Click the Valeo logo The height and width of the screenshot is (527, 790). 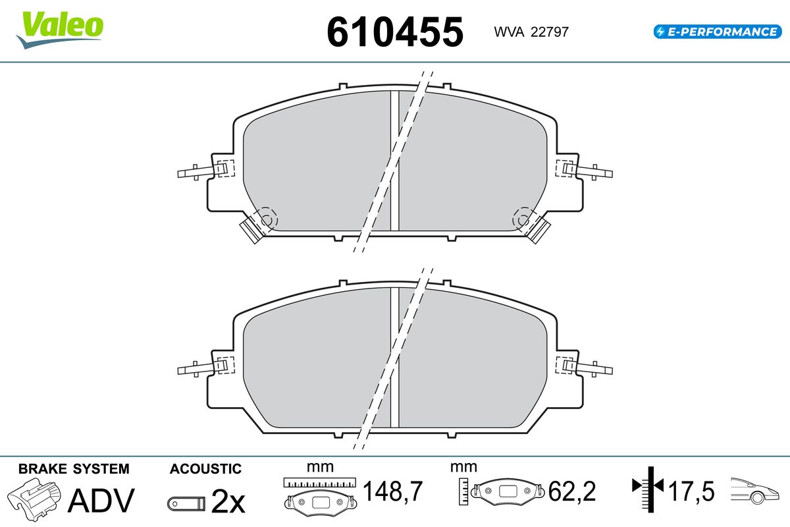(x=60, y=30)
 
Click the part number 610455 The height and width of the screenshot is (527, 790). (x=395, y=32)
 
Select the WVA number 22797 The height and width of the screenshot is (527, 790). (x=550, y=32)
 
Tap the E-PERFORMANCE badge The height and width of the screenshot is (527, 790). (x=718, y=32)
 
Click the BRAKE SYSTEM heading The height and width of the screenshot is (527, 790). (x=74, y=469)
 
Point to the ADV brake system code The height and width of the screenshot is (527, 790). (x=101, y=500)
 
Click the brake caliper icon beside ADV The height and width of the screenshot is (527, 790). (x=34, y=499)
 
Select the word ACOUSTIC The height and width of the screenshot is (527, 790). (x=205, y=469)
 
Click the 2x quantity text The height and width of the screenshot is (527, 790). (x=228, y=501)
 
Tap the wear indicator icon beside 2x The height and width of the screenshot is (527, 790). (x=186, y=504)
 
